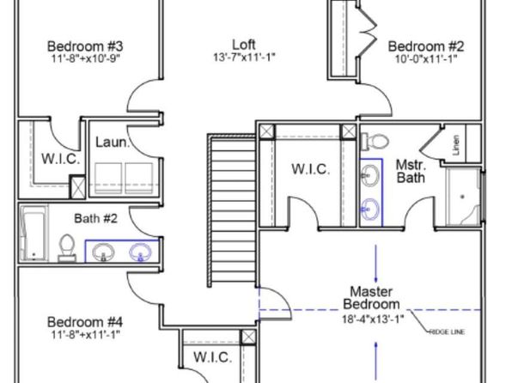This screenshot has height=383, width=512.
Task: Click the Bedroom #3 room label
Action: [x=85, y=46]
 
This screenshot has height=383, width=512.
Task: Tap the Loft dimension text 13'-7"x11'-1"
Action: [x=244, y=58]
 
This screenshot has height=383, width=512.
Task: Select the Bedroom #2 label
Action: [x=426, y=46]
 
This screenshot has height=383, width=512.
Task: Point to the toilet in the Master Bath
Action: [x=375, y=142]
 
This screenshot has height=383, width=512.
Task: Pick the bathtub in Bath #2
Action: [x=34, y=233]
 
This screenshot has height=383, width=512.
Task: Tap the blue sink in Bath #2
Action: [x=140, y=252]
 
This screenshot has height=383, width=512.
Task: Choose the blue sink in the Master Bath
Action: [x=370, y=209]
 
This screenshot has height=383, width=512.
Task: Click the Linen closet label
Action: [x=456, y=145]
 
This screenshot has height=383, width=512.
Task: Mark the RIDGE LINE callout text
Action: [x=447, y=332]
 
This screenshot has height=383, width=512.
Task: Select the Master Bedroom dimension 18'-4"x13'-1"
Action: [x=373, y=319]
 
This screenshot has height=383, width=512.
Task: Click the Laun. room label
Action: [x=113, y=143]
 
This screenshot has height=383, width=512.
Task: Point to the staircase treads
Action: [x=233, y=210]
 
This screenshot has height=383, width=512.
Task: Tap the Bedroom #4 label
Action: [x=85, y=322]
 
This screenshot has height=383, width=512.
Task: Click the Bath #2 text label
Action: [x=95, y=218]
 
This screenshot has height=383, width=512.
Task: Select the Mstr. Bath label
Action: [x=411, y=172]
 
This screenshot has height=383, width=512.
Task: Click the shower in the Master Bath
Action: [x=463, y=197]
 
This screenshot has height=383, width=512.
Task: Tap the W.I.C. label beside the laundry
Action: [x=61, y=159]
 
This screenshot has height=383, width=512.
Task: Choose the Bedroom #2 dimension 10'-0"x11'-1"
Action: [x=426, y=59]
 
